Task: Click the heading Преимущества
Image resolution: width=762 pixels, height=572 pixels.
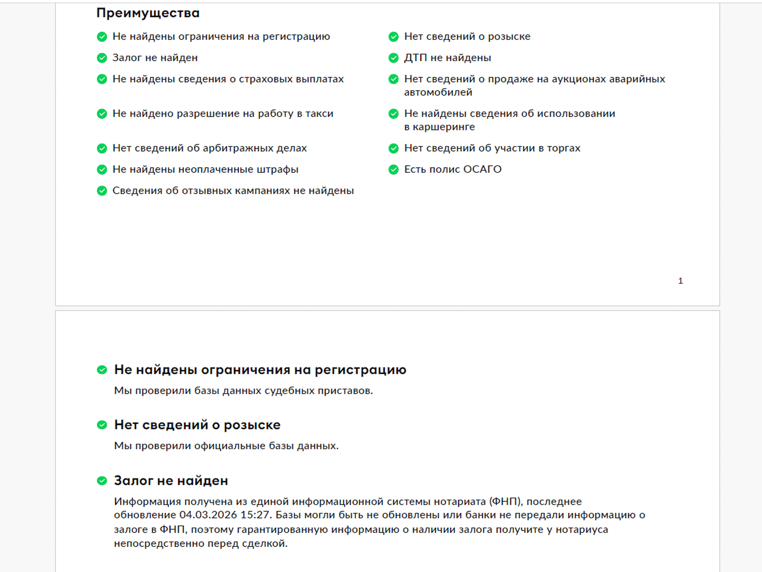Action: pos(148,13)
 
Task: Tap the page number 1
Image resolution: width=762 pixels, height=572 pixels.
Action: pos(680,281)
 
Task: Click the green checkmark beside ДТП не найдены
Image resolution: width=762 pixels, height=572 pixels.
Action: pos(393,58)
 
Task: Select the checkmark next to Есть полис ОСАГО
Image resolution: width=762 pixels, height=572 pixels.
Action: pos(393,170)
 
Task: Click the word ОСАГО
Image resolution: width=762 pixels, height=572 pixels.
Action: pos(482,169)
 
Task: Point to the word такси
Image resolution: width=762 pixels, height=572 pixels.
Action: pos(319,114)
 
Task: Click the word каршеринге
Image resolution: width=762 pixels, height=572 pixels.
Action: pos(444,127)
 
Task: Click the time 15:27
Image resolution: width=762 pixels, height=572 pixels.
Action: pos(256,515)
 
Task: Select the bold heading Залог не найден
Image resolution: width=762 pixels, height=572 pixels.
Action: pos(171,481)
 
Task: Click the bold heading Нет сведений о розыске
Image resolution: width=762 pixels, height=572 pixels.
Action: pos(197,425)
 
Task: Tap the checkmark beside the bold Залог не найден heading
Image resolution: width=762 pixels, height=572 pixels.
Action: pos(102,481)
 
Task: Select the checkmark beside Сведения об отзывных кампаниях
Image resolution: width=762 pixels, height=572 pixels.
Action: pos(102,191)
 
